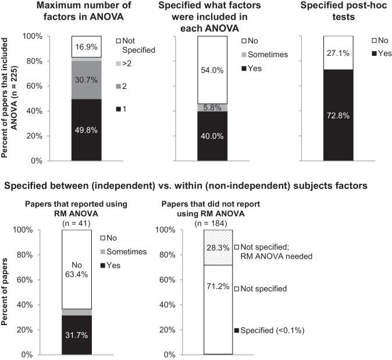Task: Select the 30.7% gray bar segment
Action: (x=87, y=79)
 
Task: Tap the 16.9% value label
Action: (x=87, y=47)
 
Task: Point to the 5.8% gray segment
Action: (x=213, y=107)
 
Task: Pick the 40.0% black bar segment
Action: (x=213, y=136)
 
